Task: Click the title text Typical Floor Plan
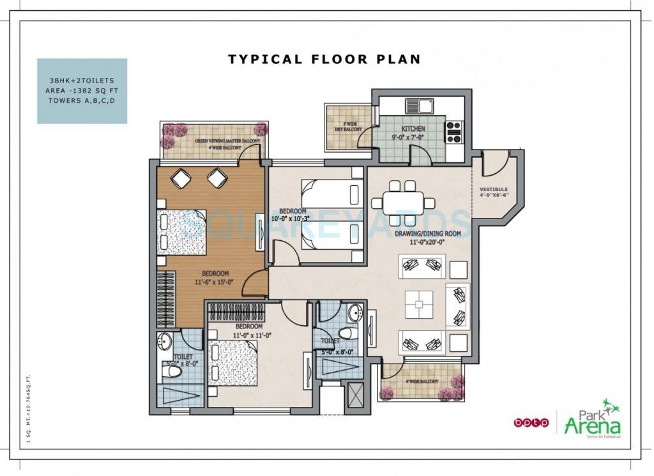click(x=324, y=59)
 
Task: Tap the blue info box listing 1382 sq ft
click(x=82, y=91)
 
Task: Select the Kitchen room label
click(x=413, y=129)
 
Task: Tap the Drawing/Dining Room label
click(x=418, y=234)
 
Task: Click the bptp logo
click(x=531, y=422)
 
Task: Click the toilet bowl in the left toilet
click(x=172, y=373)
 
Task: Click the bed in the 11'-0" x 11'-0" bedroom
click(x=234, y=364)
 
